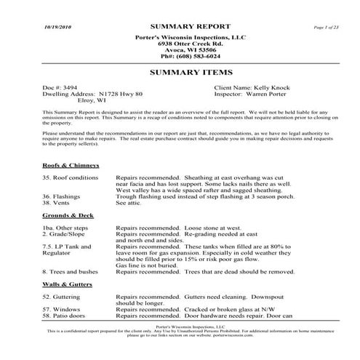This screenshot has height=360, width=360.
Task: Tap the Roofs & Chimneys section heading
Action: pos(71,165)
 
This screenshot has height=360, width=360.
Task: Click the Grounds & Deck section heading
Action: pos(68,216)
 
